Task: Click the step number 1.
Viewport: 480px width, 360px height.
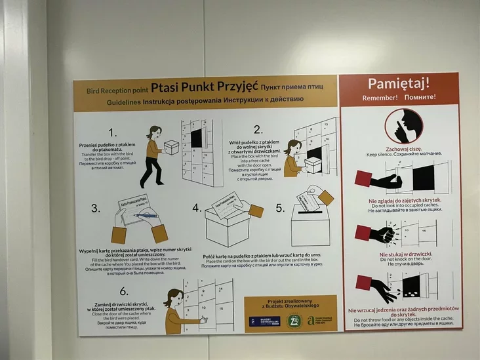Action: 112,132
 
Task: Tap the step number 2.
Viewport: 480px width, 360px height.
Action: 258,129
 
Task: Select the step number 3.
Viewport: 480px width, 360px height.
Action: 96,209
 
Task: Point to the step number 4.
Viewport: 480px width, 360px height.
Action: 197,208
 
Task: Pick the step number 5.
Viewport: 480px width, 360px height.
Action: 280,208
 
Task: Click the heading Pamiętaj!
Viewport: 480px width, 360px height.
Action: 399,83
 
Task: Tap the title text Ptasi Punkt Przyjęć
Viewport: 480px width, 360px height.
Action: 204,87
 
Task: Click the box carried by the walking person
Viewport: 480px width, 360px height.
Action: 172,146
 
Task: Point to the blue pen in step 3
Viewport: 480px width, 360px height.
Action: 146,214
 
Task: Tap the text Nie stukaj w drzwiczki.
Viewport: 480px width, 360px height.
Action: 400,254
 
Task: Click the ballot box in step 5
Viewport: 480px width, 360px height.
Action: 310,223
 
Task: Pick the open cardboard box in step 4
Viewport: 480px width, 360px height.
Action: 228,224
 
